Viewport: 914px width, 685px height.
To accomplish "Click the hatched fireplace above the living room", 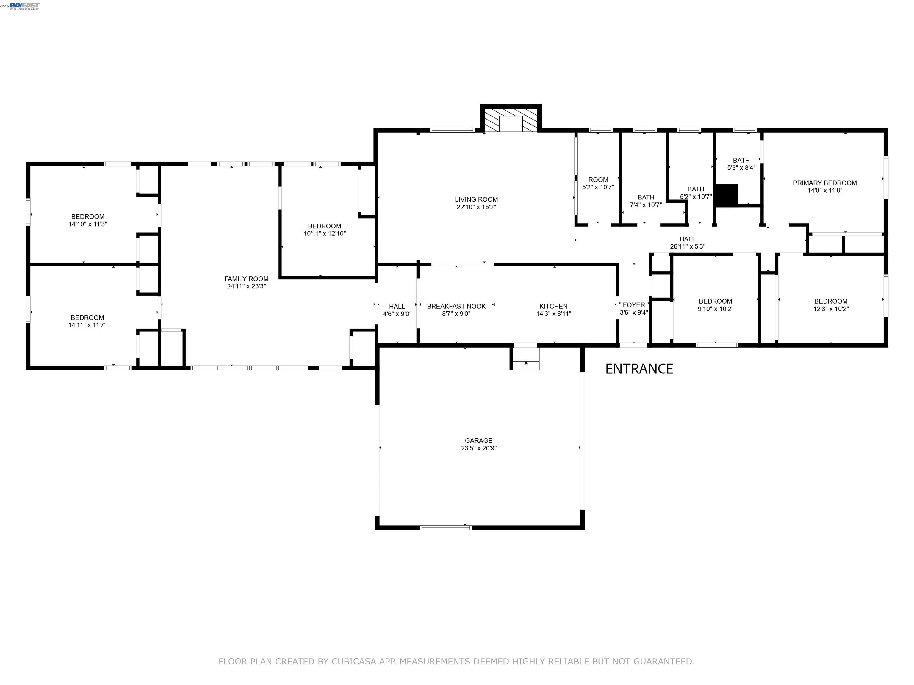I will coord(511,120).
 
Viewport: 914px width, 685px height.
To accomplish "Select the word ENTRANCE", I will coord(639,369).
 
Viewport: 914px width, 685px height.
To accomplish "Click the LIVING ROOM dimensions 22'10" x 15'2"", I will coord(476,207).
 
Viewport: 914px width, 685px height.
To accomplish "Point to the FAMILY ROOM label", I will coord(246,279).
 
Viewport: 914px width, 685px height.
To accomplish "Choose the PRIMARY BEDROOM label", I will coord(824,183).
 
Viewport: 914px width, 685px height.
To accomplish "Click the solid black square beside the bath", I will coord(726,194).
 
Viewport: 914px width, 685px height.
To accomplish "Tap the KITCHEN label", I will coord(553,306).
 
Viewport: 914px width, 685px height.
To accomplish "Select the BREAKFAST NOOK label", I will coord(456,306).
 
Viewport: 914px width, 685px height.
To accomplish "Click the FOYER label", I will coord(633,305).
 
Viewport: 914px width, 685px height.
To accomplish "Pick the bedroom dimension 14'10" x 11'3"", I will coord(87,224).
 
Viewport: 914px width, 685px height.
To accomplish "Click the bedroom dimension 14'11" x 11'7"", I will coord(87,325).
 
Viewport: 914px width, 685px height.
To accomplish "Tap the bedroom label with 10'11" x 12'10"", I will coord(324,226).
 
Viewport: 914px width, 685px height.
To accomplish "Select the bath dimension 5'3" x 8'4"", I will coord(741,168).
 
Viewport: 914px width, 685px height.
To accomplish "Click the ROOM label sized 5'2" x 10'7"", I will coord(598,180).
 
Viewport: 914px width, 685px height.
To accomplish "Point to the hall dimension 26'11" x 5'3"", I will coord(687,246).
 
